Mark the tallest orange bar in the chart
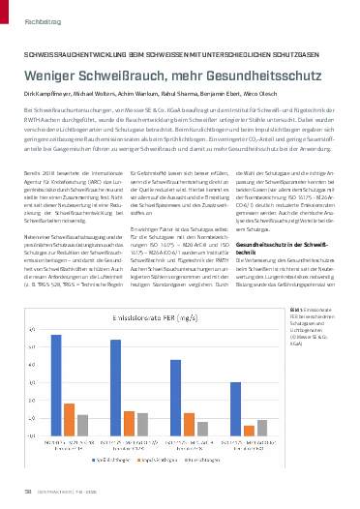pos(69,417)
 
